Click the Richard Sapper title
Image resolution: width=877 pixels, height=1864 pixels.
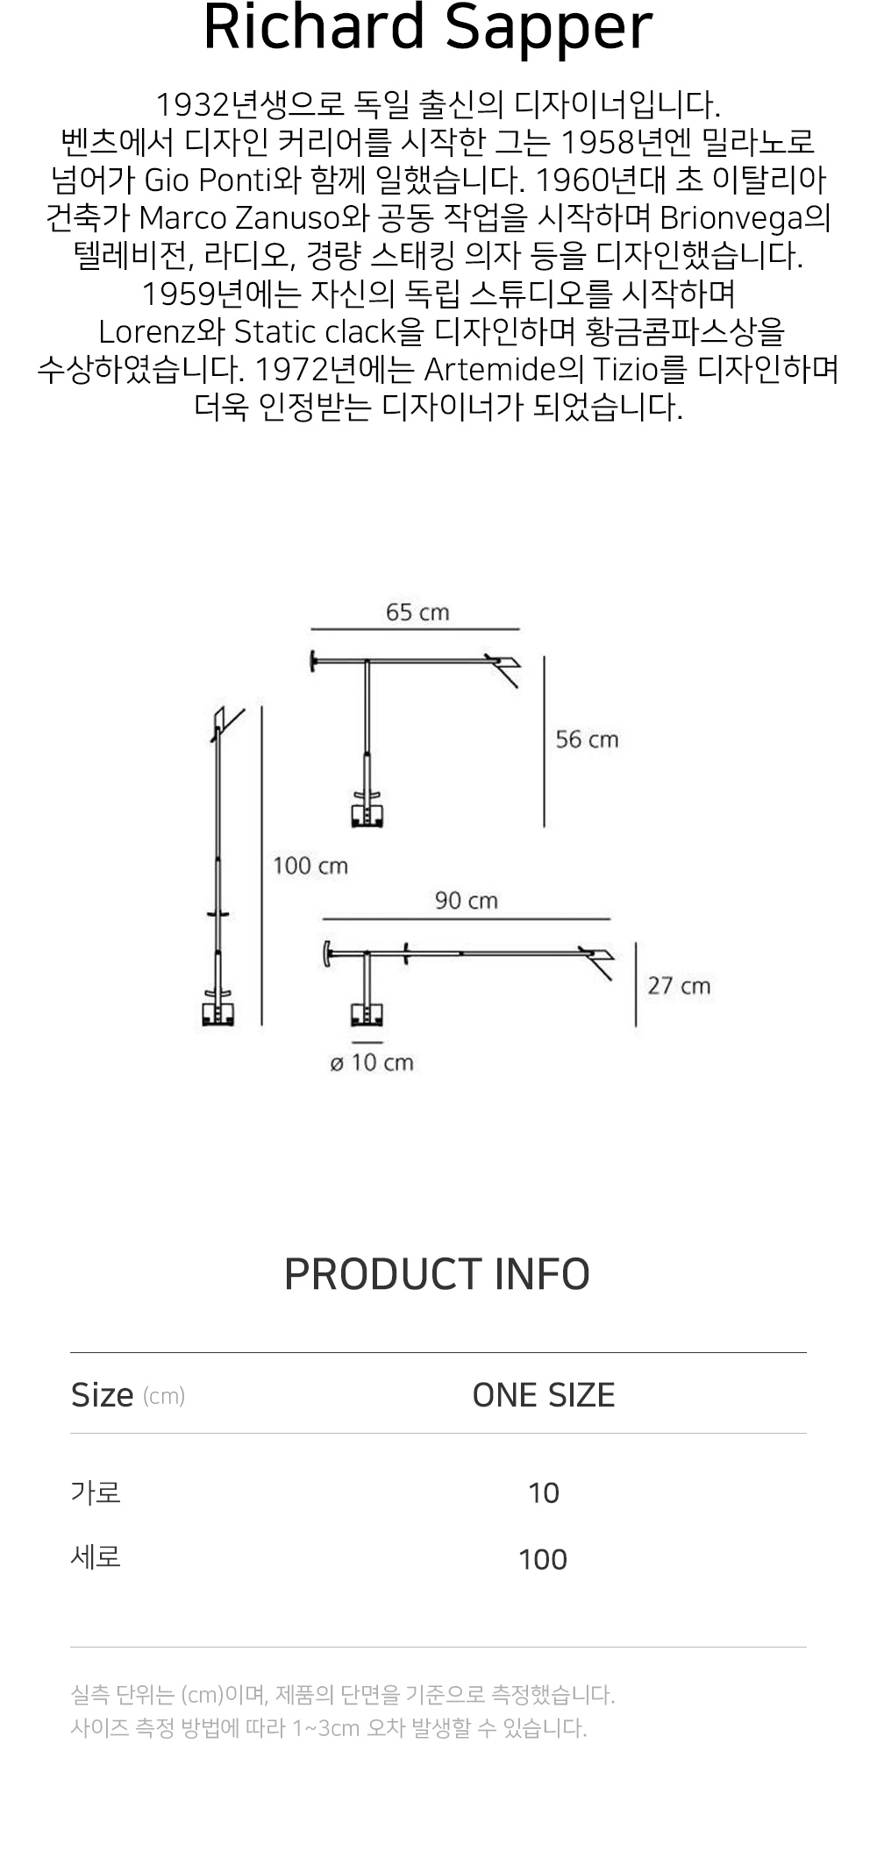pyautogui.click(x=428, y=28)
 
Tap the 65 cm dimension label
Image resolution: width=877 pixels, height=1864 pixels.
pyautogui.click(x=417, y=613)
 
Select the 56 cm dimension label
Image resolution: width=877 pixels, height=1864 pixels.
pyautogui.click(x=587, y=740)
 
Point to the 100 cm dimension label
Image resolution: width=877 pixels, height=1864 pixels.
pyautogui.click(x=310, y=866)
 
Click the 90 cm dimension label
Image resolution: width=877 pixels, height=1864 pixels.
pyautogui.click(x=466, y=901)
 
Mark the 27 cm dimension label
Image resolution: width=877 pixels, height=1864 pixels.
pyautogui.click(x=679, y=986)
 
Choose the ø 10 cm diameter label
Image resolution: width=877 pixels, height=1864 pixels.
pyautogui.click(x=372, y=1063)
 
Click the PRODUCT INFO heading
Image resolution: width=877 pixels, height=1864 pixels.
pyautogui.click(x=437, y=1274)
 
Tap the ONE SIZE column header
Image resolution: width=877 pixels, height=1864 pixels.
pyautogui.click(x=544, y=1395)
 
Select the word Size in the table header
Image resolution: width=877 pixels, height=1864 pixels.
pyautogui.click(x=103, y=1395)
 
